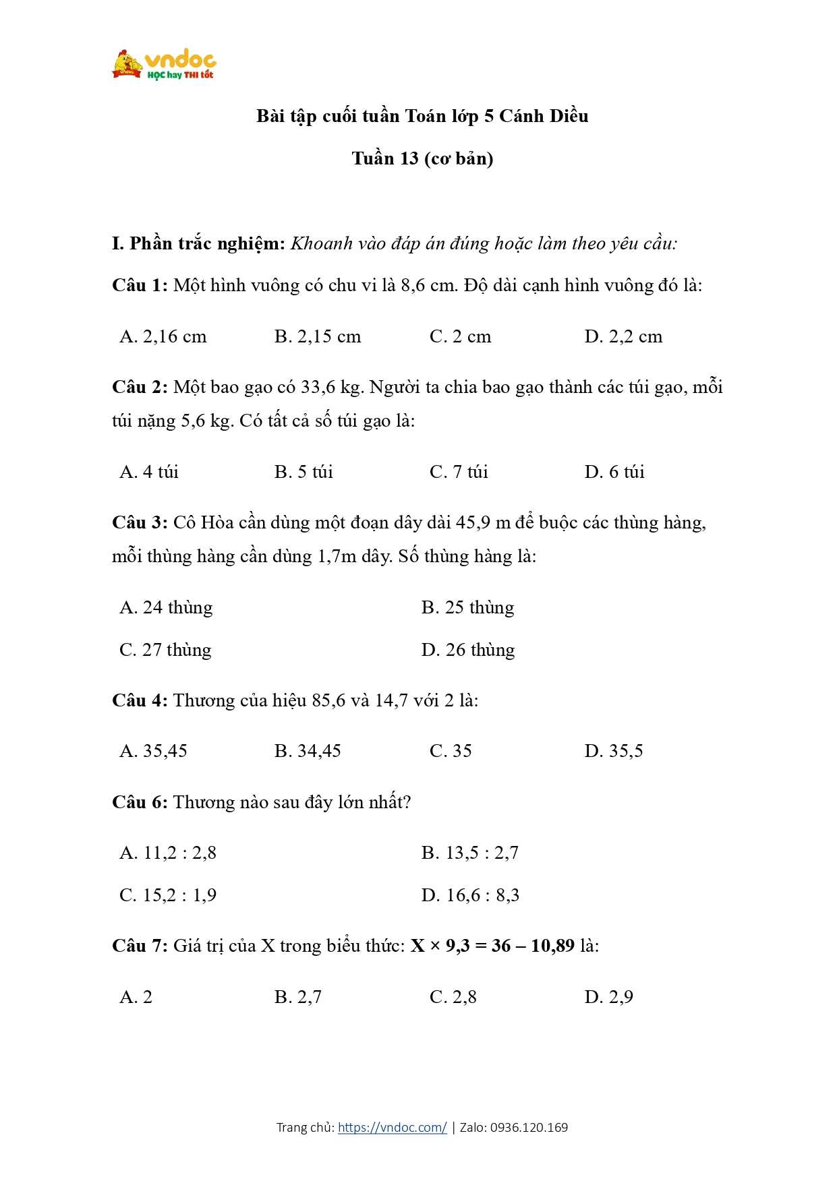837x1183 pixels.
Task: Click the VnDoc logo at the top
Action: coord(164,65)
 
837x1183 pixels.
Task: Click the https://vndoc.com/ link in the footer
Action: coord(392,1127)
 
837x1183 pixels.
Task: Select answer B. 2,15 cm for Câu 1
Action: coord(318,336)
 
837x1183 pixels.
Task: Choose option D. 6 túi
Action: coord(614,472)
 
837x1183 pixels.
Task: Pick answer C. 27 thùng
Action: coord(165,650)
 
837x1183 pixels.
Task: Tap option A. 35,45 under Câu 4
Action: coord(153,751)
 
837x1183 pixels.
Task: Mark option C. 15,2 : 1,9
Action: coord(168,895)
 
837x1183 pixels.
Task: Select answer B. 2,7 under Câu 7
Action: coord(297,997)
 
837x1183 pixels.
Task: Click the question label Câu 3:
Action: coord(140,522)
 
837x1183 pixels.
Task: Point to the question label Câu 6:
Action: coord(140,802)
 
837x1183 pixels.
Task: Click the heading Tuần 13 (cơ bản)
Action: coord(422,158)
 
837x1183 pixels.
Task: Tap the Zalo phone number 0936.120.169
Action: coord(529,1127)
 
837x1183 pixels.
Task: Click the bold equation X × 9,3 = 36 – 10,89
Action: coord(492,946)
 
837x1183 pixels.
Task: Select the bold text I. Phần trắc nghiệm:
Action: coord(199,243)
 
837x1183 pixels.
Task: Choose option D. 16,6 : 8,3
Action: coord(470,895)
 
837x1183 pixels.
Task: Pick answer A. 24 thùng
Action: coord(166,607)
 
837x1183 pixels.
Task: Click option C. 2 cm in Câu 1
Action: coord(460,336)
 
